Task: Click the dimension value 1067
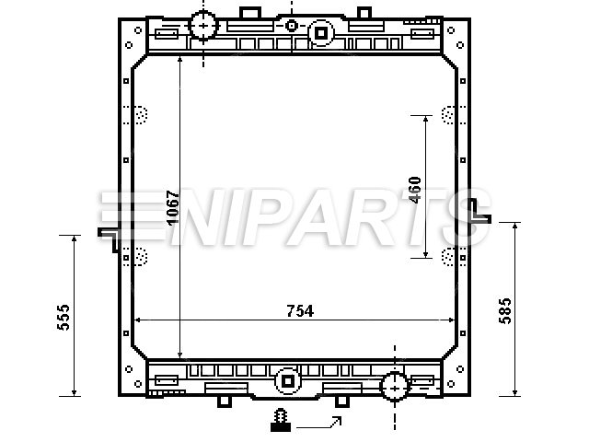pyautogui.click(x=173, y=208)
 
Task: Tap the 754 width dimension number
pyautogui.click(x=300, y=311)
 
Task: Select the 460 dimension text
pyautogui.click(x=415, y=190)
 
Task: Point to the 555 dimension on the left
pyautogui.click(x=64, y=318)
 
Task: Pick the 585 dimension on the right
pyautogui.click(x=505, y=311)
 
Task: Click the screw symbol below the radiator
pyautogui.click(x=281, y=420)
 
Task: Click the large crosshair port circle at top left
pyautogui.click(x=203, y=26)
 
